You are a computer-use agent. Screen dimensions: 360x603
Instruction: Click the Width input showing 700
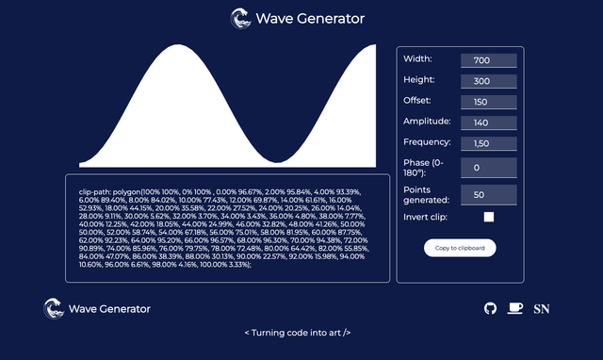[x=488, y=60]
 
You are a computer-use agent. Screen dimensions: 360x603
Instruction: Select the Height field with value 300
[x=488, y=81]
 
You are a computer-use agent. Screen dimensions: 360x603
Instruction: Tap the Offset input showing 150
[x=488, y=102]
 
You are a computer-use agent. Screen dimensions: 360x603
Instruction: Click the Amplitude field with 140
[x=488, y=123]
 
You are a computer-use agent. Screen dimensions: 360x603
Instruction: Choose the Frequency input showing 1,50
[x=488, y=143]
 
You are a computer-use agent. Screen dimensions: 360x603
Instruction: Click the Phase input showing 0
[x=488, y=168]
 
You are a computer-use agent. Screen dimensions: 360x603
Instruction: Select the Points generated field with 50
[x=488, y=194]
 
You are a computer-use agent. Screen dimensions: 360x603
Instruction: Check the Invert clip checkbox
[x=489, y=217]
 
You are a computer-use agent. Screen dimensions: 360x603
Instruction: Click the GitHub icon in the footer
[x=490, y=308]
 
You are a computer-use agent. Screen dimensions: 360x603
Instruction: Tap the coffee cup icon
[x=514, y=308]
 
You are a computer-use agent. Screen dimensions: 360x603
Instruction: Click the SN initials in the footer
[x=542, y=308]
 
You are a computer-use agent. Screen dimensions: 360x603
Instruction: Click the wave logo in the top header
[x=241, y=18]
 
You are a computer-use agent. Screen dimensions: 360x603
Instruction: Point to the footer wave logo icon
[x=54, y=308]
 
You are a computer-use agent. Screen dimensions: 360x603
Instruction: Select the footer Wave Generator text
[x=109, y=308]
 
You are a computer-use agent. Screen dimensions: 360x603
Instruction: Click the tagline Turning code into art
[x=298, y=333]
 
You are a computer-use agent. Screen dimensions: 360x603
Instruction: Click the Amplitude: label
[x=427, y=122]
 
